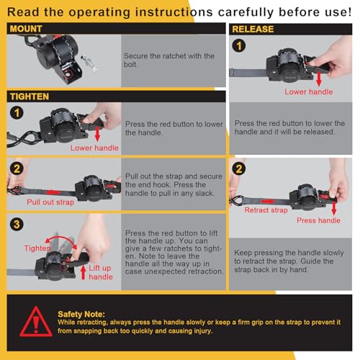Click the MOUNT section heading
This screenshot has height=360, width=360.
point(26,29)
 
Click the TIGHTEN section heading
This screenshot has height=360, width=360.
point(30,96)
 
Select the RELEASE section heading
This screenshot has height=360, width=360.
point(253,29)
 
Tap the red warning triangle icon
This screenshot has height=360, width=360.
point(36,322)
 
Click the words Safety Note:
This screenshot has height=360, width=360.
point(81,314)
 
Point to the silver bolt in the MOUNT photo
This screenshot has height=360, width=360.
point(89,63)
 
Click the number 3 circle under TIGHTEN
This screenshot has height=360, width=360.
point(17,225)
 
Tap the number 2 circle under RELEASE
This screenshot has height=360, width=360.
point(239,168)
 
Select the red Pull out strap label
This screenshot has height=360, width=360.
point(50,202)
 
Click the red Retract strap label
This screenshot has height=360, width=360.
point(266,210)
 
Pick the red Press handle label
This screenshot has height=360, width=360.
point(318,220)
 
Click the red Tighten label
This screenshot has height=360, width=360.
point(37,248)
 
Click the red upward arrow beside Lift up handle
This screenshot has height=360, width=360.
point(84,272)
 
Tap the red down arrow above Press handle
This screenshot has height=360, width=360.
point(333,209)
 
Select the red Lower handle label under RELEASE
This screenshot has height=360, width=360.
point(309,91)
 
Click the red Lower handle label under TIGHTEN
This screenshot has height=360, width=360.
point(94,148)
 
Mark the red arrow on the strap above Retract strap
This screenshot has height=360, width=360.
point(267,202)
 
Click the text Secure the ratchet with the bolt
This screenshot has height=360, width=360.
point(169,60)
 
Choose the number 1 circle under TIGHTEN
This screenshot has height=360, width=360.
point(17,113)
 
